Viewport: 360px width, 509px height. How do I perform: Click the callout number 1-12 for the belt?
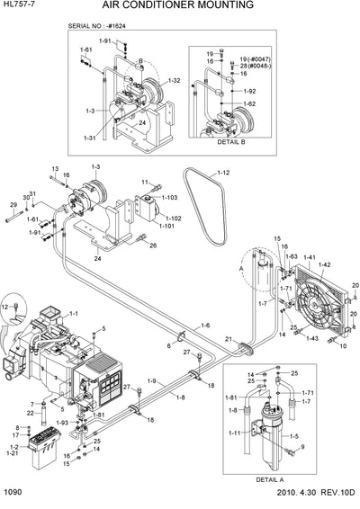point(222,173)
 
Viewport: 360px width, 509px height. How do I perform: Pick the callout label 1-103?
point(170,197)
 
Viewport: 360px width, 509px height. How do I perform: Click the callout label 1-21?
point(13,452)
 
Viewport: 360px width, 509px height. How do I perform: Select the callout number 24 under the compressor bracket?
point(97,259)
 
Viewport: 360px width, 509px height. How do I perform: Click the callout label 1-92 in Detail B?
point(249,91)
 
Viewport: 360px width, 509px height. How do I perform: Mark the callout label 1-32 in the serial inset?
point(174,81)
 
